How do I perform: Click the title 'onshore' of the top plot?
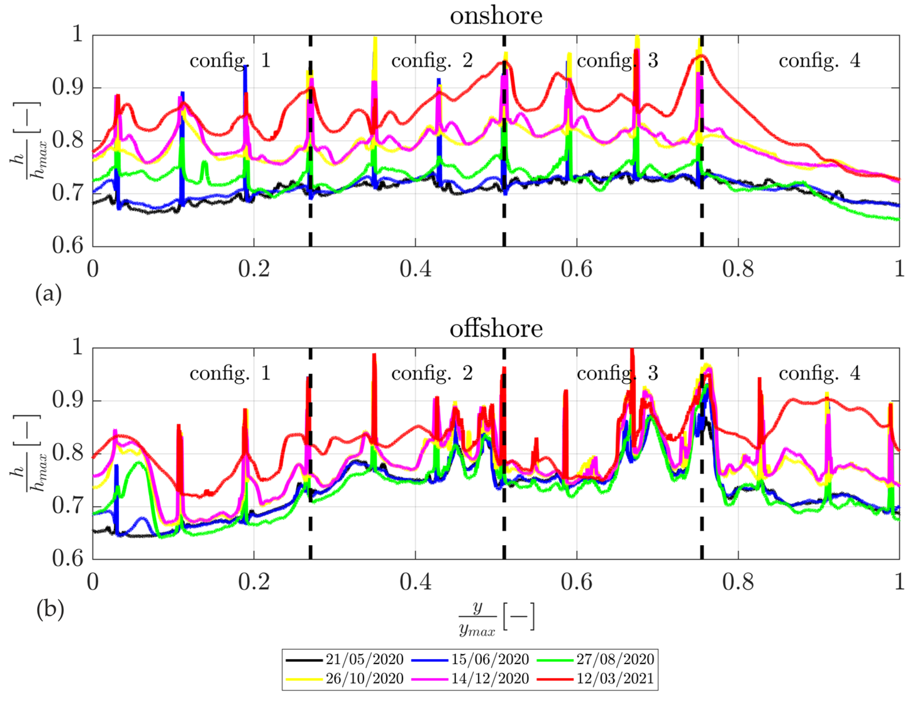[x=496, y=16]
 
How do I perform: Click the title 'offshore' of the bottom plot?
[x=496, y=329]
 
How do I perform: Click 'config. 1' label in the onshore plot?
[x=230, y=61]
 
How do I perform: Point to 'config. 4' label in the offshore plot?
[x=819, y=374]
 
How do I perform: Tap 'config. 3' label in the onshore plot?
[x=617, y=61]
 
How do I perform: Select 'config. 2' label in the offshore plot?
[x=432, y=374]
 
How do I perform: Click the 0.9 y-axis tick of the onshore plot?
[x=68, y=88]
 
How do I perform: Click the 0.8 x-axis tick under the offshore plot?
[x=738, y=582]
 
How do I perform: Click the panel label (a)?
[x=49, y=294]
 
